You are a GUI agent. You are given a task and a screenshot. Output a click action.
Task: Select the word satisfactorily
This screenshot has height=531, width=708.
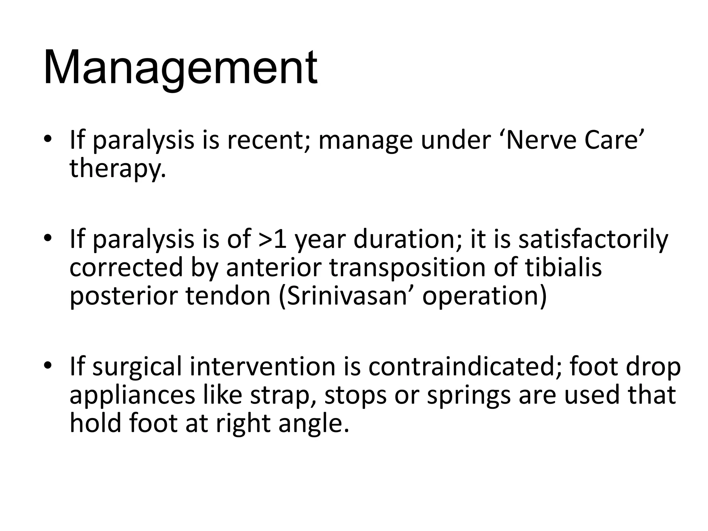(593, 240)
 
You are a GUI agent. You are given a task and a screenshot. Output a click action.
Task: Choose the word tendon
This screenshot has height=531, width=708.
(228, 296)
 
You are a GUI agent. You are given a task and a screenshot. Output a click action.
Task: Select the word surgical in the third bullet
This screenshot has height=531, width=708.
(137, 367)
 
